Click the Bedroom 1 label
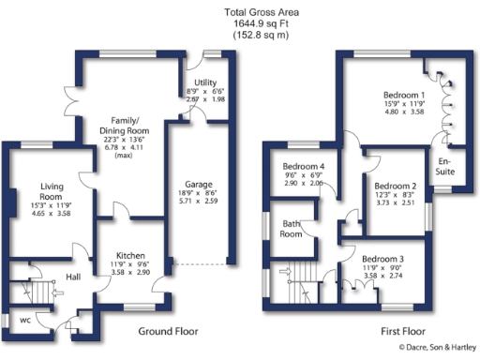click(404, 96)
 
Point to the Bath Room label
click(292, 228)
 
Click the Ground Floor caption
click(168, 331)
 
